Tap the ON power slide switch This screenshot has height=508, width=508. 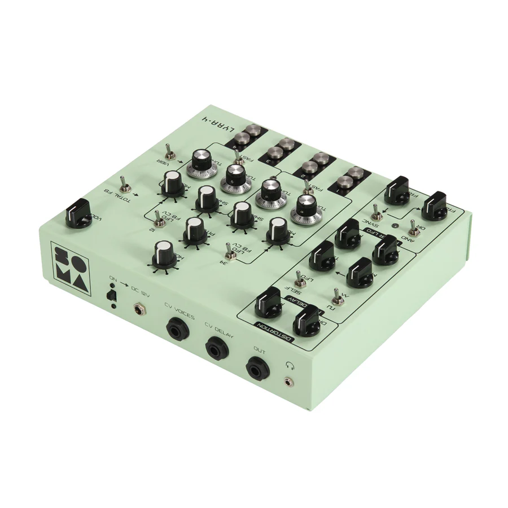click(x=112, y=295)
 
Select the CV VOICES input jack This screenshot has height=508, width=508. click(x=177, y=330)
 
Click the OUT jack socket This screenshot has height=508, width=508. click(x=257, y=369)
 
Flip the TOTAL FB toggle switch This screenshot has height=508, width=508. click(x=122, y=183)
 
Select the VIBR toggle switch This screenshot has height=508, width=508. click(x=168, y=151)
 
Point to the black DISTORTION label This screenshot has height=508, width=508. click(x=274, y=332)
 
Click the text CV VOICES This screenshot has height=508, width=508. click(x=179, y=312)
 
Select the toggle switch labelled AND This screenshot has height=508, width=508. click(x=414, y=226)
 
